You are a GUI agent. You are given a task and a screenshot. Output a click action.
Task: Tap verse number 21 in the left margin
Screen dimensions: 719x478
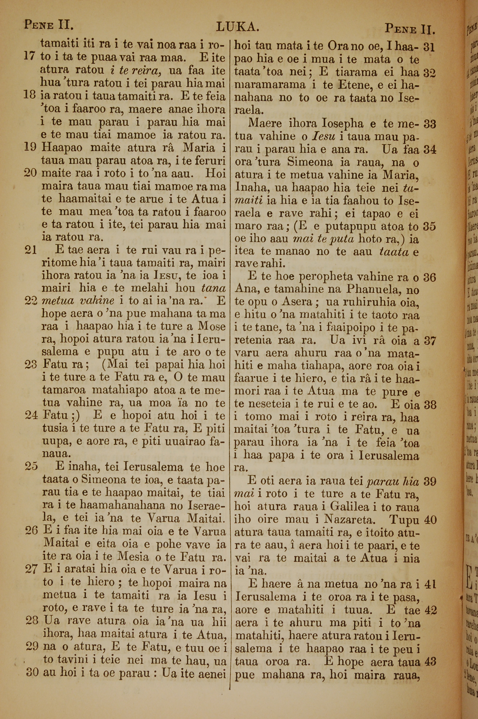(x=31, y=250)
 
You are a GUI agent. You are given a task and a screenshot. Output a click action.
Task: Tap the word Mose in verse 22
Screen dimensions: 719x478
(x=212, y=327)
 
